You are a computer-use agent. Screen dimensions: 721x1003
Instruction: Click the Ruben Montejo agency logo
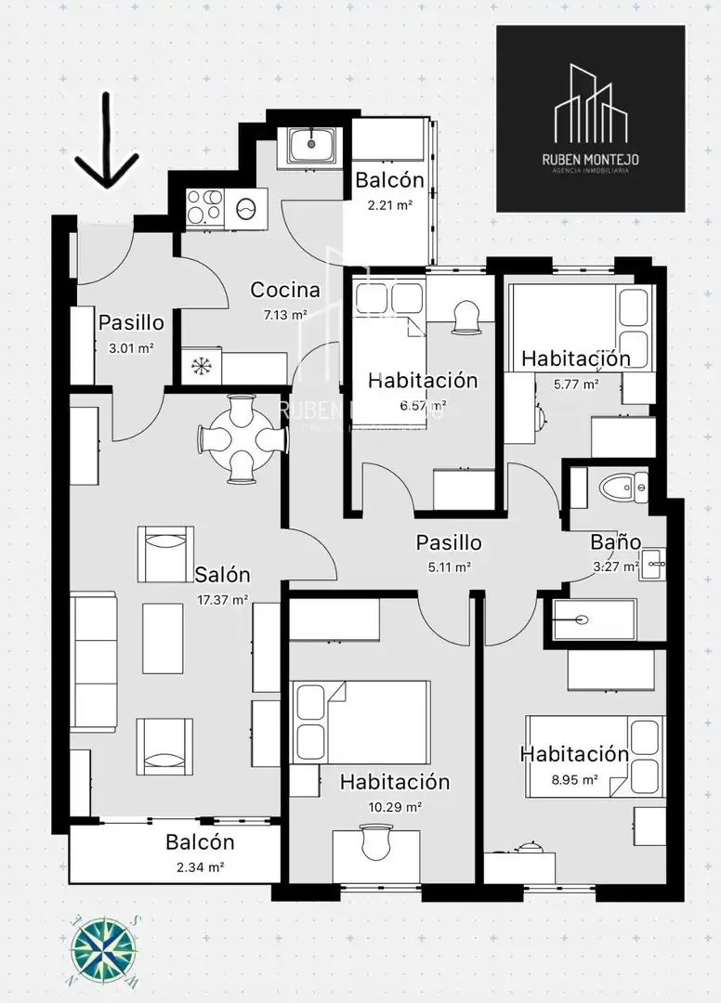click(591, 119)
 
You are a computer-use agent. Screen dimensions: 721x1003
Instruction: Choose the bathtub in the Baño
click(595, 619)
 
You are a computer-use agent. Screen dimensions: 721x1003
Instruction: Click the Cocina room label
click(284, 290)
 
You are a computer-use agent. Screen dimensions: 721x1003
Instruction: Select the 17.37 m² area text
click(221, 600)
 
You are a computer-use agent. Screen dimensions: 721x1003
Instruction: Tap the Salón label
click(222, 574)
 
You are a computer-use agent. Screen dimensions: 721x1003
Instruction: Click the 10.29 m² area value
click(395, 807)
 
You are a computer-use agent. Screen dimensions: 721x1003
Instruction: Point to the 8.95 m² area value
click(574, 779)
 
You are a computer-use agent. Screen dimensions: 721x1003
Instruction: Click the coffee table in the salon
click(163, 638)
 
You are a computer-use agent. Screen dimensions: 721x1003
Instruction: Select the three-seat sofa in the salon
click(94, 661)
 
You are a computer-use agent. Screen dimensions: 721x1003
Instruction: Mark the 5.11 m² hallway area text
click(450, 567)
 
